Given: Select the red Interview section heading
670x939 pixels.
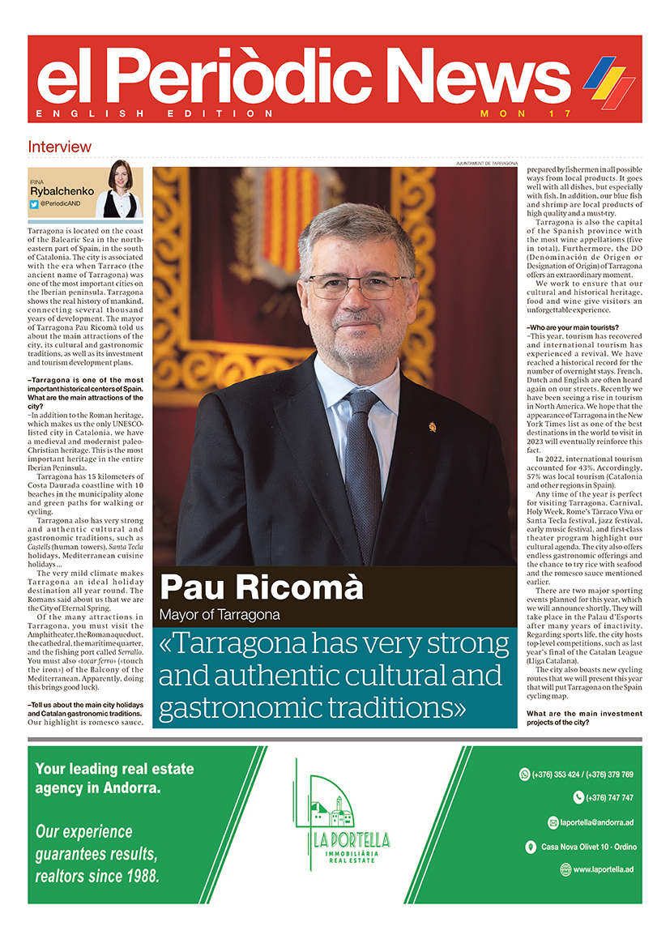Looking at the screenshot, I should pyautogui.click(x=59, y=147).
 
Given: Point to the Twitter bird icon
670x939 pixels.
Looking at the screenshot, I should pyautogui.click(x=34, y=204).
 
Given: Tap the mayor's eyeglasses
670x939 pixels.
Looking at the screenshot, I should pyautogui.click(x=359, y=284).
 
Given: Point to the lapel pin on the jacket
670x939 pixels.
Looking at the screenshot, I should pyautogui.click(x=432, y=426).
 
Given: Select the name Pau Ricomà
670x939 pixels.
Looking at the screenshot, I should pyautogui.click(x=261, y=587).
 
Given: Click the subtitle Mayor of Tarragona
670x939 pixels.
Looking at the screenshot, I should pyautogui.click(x=220, y=614).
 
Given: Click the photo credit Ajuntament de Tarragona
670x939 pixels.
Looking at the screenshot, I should pyautogui.click(x=486, y=164).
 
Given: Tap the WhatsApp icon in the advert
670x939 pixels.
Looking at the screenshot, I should pyautogui.click(x=523, y=775).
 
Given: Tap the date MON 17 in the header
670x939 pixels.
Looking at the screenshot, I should pyautogui.click(x=526, y=113).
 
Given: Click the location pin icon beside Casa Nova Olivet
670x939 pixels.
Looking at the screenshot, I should pyautogui.click(x=530, y=847).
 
